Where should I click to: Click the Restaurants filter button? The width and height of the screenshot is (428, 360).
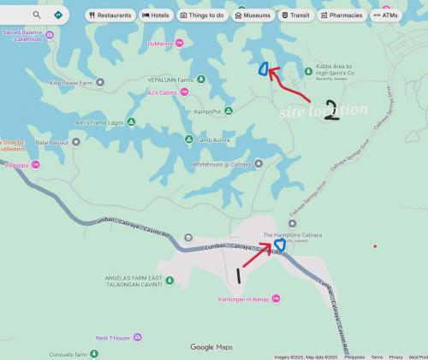[x=110, y=15]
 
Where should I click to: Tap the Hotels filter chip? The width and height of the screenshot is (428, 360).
[x=156, y=15]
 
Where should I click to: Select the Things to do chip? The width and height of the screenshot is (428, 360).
[x=202, y=15]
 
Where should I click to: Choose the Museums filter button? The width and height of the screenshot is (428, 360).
[x=252, y=15]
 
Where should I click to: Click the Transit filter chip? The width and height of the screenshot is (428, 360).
[x=295, y=15]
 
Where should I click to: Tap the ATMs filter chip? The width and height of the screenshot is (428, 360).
[x=386, y=15]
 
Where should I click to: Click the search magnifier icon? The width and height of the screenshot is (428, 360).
[x=37, y=15]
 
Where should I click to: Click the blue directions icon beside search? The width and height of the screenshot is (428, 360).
[x=57, y=15]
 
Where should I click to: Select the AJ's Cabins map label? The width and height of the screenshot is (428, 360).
[x=161, y=92]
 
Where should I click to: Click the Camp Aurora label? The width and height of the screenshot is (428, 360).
[x=215, y=139]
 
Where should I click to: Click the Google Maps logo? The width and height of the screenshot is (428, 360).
[x=211, y=347]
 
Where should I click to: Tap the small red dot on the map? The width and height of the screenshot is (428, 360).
[x=375, y=246]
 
